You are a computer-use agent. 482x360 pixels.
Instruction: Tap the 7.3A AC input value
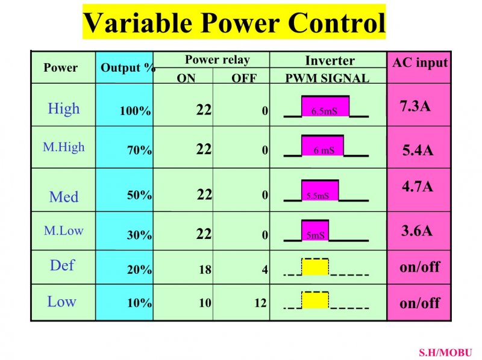[415, 106]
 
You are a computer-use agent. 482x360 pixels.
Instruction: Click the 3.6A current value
[416, 231]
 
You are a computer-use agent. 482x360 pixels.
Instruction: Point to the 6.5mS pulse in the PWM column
[325, 106]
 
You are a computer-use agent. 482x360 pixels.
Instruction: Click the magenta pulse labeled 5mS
[315, 230]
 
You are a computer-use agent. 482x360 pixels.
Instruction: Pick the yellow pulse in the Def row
[315, 267]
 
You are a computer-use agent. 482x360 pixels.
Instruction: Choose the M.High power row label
[64, 147]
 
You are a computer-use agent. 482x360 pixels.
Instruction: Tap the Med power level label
[64, 197]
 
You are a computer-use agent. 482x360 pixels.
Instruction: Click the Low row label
[61, 302]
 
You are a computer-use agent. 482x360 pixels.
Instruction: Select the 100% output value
[135, 111]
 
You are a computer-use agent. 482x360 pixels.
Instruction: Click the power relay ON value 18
[205, 270]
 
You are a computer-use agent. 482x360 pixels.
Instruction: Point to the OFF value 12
[260, 303]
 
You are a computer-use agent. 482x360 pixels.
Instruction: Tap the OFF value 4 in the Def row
[264, 270]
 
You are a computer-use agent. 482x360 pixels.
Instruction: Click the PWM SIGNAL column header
[327, 78]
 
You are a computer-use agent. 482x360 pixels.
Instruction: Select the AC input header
[420, 63]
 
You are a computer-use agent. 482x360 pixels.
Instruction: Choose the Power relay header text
[218, 60]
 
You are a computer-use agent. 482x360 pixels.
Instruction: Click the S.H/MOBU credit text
[445, 352]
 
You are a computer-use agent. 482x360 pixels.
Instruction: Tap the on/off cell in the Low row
[419, 303]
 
